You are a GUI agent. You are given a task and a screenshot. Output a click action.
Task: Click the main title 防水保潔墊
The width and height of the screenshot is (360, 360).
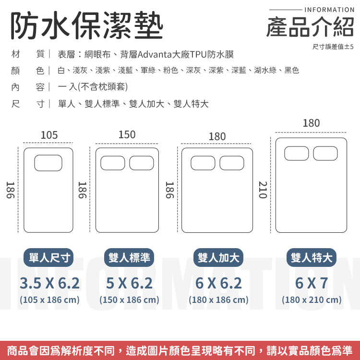[x=87, y=25]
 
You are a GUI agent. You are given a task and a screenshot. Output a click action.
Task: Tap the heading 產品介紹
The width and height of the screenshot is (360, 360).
[x=310, y=27]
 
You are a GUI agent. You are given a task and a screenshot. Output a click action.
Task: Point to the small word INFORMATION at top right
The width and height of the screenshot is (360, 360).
[x=329, y=10]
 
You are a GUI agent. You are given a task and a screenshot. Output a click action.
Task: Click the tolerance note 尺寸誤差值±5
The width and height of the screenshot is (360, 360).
[x=333, y=47]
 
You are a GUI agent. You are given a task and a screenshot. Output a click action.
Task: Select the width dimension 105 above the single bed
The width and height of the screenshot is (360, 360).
[x=49, y=135]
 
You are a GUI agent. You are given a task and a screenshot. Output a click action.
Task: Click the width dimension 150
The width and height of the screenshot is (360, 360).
[x=127, y=134]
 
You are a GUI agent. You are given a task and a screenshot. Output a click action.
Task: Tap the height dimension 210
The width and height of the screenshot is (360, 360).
[x=263, y=190]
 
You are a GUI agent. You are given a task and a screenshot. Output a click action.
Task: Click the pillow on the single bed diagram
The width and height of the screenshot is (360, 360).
[x=48, y=163]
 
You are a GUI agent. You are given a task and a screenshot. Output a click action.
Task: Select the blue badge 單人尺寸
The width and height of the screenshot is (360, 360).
[x=48, y=257]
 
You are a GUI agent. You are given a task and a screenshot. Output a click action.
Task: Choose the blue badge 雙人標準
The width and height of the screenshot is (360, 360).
[x=129, y=257]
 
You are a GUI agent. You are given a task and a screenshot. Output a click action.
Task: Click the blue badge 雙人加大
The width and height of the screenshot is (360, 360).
[x=218, y=257]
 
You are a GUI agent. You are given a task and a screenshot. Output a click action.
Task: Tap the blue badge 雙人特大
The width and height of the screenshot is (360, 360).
[x=312, y=257]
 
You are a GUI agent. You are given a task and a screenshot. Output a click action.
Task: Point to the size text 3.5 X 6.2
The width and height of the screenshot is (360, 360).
[x=49, y=283]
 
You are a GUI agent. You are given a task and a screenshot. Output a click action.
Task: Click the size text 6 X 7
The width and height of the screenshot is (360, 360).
[x=312, y=283]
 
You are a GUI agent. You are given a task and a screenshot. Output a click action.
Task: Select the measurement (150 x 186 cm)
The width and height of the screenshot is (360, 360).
[x=129, y=300]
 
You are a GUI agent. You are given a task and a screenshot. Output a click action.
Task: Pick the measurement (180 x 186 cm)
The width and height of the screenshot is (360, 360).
[x=218, y=300]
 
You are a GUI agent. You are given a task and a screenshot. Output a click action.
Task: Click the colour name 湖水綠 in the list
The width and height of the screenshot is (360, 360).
[x=265, y=70]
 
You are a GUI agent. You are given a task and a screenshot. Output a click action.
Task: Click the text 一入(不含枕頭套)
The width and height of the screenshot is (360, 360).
[x=93, y=87]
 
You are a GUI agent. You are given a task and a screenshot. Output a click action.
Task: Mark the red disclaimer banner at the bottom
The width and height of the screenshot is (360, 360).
[x=180, y=350]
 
